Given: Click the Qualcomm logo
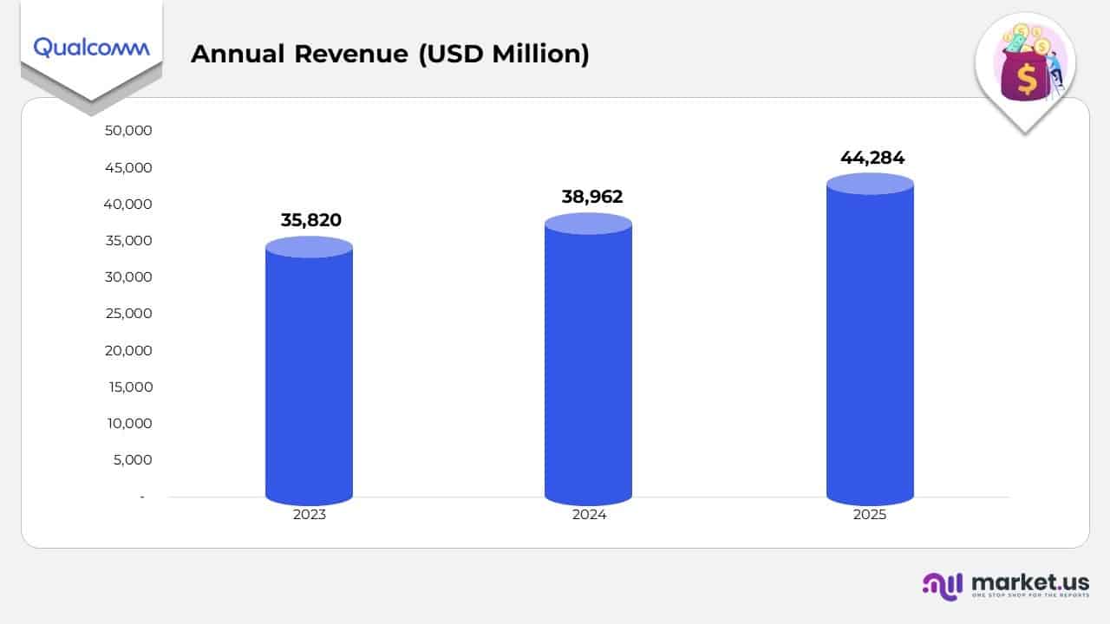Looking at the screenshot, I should (91, 47).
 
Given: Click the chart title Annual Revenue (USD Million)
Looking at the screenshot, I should (389, 54).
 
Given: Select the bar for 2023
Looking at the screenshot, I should (309, 373).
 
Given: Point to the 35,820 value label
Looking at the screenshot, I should (310, 220).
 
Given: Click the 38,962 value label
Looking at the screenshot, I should (591, 197).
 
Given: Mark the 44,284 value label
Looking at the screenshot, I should (872, 158).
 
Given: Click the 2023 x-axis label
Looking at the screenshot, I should (310, 514).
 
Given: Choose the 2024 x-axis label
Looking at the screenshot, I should (589, 514).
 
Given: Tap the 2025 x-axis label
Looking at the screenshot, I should (870, 514).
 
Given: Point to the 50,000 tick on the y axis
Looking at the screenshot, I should (128, 131).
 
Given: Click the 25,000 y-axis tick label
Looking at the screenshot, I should (128, 314).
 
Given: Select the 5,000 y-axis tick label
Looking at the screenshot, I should (133, 460).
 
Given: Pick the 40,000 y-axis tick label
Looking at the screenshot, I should (128, 205).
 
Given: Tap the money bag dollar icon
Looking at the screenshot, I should (1027, 74).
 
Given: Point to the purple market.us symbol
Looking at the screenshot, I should (942, 586).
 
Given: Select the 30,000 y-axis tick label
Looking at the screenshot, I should (128, 277).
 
